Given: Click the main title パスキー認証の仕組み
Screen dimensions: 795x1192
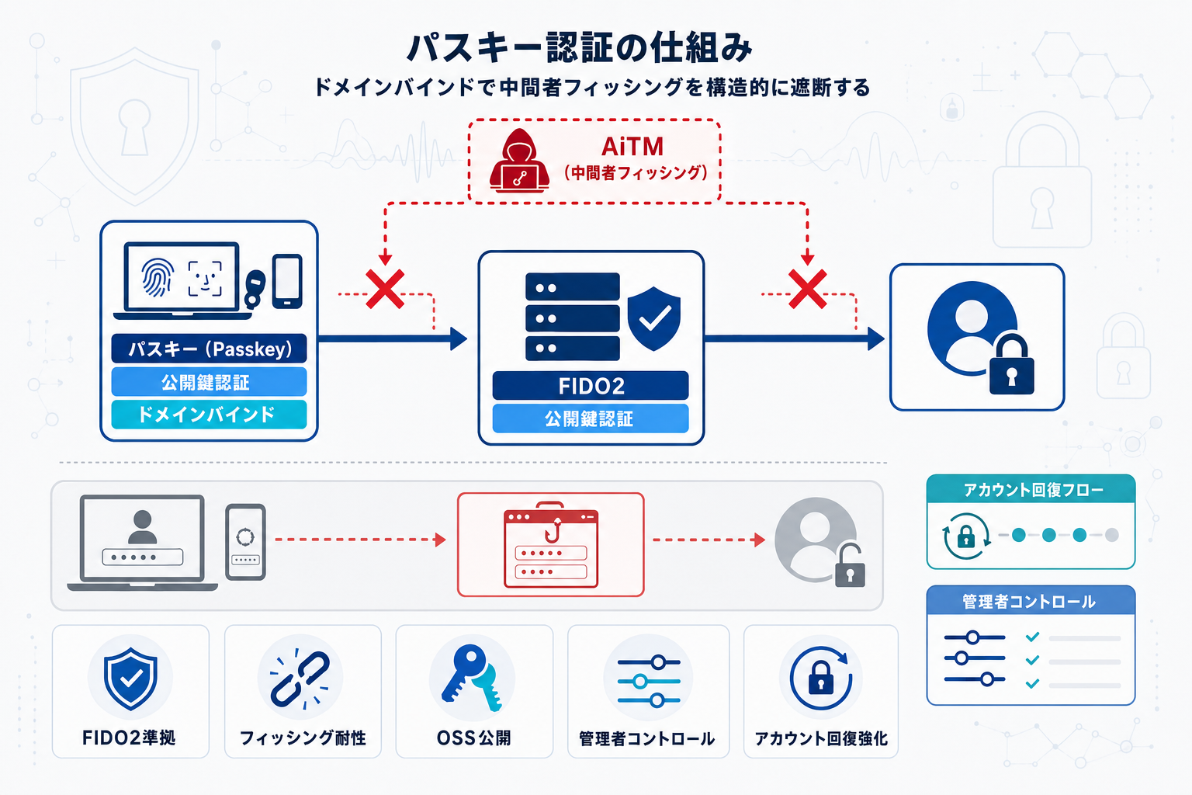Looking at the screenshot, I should pyautogui.click(x=580, y=48).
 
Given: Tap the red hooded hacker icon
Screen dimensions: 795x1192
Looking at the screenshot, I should pyautogui.click(x=519, y=161).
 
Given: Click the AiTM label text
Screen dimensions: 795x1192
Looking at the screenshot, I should pyautogui.click(x=632, y=146).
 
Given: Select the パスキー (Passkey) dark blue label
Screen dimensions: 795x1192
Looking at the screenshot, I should pyautogui.click(x=209, y=349).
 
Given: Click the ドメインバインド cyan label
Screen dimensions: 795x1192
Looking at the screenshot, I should pyautogui.click(x=209, y=415).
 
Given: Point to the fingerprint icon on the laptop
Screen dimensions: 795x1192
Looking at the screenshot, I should pyautogui.click(x=157, y=278).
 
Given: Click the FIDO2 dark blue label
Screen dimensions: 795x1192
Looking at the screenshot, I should pyautogui.click(x=591, y=386).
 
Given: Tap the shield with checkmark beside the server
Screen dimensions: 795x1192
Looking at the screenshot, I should pyautogui.click(x=653, y=318).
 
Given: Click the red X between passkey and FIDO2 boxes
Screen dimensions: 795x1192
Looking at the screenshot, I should pyautogui.click(x=385, y=290).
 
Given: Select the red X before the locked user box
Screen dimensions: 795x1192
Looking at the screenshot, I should pyautogui.click(x=807, y=290).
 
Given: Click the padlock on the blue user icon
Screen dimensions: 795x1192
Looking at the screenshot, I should pyautogui.click(x=1010, y=366).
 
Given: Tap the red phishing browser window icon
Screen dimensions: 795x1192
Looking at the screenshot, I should pyautogui.click(x=551, y=545).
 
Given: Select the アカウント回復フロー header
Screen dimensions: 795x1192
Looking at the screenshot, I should pyautogui.click(x=1031, y=490).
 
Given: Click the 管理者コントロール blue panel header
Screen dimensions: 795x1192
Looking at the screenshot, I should pyautogui.click(x=1030, y=602).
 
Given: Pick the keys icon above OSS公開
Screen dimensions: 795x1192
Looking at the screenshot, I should pyautogui.click(x=472, y=677).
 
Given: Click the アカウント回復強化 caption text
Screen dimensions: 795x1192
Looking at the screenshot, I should pyautogui.click(x=821, y=738).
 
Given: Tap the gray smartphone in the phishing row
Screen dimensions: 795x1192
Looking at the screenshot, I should pyautogui.click(x=245, y=542).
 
